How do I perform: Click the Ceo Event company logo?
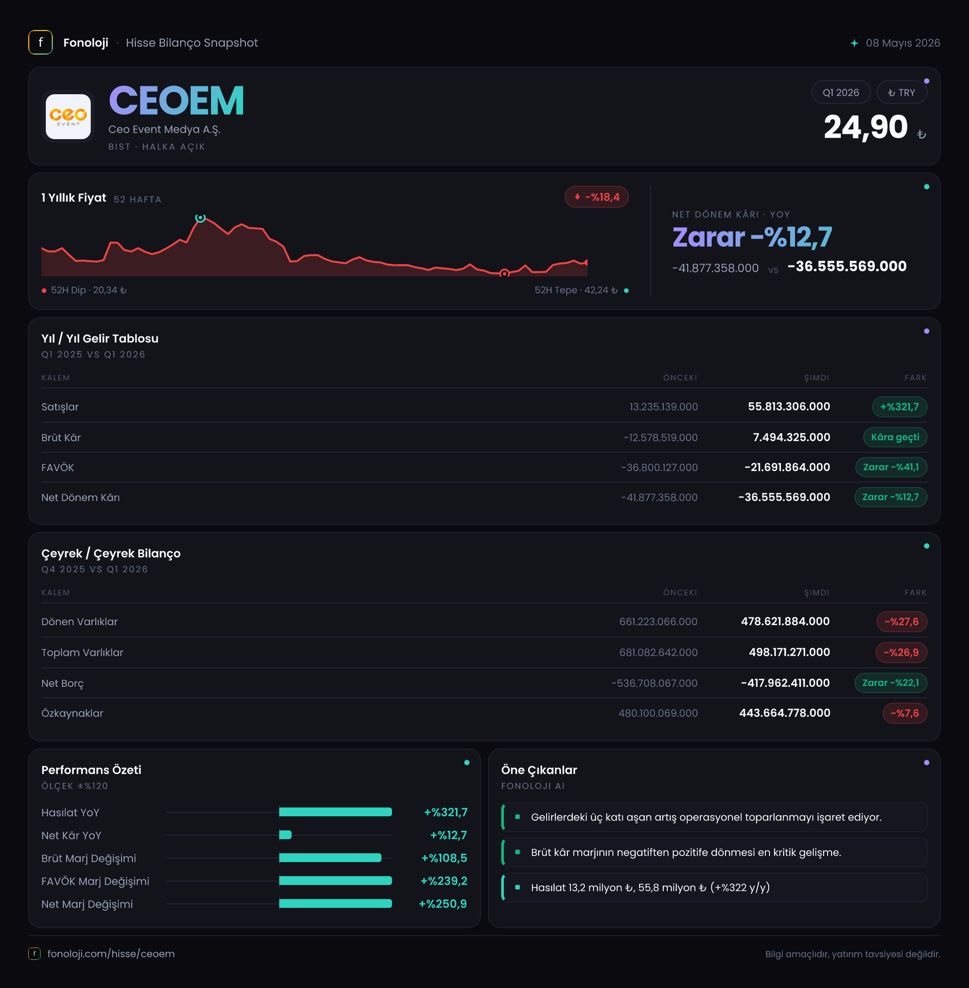pyautogui.click(x=68, y=117)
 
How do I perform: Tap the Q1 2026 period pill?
pyautogui.click(x=841, y=92)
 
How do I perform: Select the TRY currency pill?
pyautogui.click(x=901, y=92)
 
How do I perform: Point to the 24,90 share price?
pyautogui.click(x=865, y=127)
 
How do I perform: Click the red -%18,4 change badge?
pyautogui.click(x=596, y=197)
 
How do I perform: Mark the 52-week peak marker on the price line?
pyautogui.click(x=200, y=218)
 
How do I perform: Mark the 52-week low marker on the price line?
pyautogui.click(x=504, y=273)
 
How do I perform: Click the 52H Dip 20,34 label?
pyautogui.click(x=89, y=290)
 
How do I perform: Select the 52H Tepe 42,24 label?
pyautogui.click(x=576, y=290)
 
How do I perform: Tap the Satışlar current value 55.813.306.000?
pyautogui.click(x=789, y=406)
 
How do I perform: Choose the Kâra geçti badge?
pyautogui.click(x=895, y=437)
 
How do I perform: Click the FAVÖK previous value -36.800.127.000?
pyautogui.click(x=659, y=468)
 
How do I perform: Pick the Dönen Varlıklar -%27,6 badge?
pyautogui.click(x=901, y=622)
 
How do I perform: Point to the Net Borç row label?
pyautogui.click(x=62, y=683)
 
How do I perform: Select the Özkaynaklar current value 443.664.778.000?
pyautogui.click(x=785, y=713)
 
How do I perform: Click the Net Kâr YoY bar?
pyautogui.click(x=285, y=835)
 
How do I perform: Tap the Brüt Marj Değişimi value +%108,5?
pyautogui.click(x=444, y=858)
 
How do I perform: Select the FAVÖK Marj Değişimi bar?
pyautogui.click(x=335, y=881)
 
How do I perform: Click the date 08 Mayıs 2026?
pyautogui.click(x=903, y=43)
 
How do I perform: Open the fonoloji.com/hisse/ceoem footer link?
pyautogui.click(x=111, y=953)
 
